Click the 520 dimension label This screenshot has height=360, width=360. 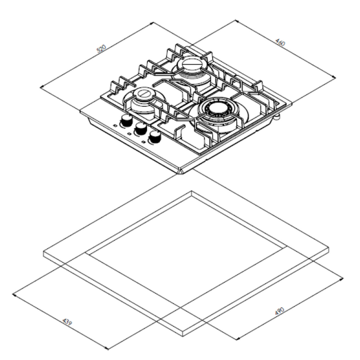point(101,49)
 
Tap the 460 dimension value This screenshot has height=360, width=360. point(280,42)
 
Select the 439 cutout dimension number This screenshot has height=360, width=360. point(67,321)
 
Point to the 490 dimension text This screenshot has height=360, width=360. point(280,311)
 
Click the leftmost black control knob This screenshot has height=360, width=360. point(126,121)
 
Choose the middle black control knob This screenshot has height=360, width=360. point(141,129)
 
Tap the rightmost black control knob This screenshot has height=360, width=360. point(155,137)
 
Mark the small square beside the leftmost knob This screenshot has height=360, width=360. point(115,125)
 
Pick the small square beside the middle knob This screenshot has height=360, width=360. point(129,133)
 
